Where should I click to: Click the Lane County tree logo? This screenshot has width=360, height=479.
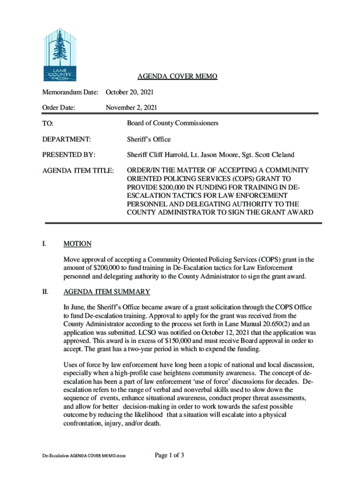point(59,54)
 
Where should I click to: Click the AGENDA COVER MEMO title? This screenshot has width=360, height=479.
point(177,76)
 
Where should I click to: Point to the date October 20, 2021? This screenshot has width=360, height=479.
point(130,92)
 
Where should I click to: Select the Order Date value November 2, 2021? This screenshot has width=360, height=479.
point(131,108)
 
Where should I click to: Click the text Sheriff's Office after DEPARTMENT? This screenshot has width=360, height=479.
point(149,139)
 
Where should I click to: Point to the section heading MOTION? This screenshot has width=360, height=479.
point(77,244)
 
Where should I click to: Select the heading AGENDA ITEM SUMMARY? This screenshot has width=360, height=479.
point(107,292)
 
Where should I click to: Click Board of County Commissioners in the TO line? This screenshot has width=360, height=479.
point(173,123)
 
